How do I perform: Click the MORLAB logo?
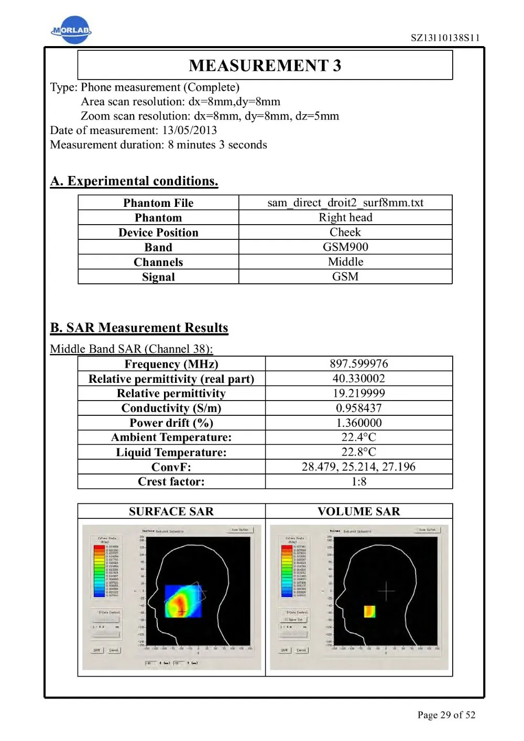(x=71, y=30)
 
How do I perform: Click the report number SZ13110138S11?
(x=445, y=38)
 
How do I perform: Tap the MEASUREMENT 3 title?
(x=265, y=65)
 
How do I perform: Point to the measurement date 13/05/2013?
(x=189, y=130)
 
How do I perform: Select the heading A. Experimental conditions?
(x=134, y=181)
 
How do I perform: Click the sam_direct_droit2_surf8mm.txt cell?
(x=345, y=203)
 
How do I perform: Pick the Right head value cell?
(x=345, y=217)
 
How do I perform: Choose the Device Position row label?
(x=158, y=233)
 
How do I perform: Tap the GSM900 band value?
(x=345, y=247)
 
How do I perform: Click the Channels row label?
(x=158, y=262)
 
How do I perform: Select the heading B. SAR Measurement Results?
(x=139, y=328)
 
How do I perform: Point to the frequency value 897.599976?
(x=359, y=364)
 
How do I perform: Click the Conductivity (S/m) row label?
(x=171, y=408)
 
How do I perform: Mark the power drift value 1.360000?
(x=359, y=423)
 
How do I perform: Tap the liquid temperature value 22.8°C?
(x=359, y=452)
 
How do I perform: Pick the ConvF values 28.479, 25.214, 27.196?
(x=359, y=467)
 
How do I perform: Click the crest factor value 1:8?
(x=359, y=481)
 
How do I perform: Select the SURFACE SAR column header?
(x=171, y=511)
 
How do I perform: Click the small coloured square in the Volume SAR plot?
(x=369, y=611)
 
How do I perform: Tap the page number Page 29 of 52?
(x=446, y=715)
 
